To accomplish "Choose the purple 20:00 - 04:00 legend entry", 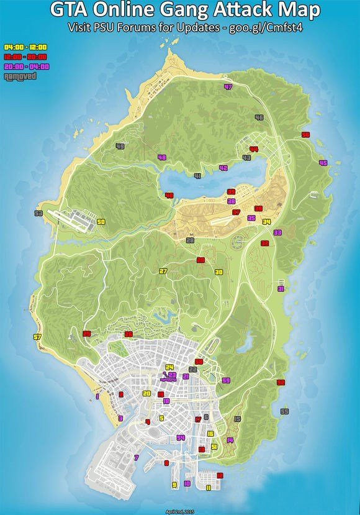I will click(27, 66).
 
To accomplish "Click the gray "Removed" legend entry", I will click(19, 76).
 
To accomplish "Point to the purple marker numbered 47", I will click(228, 87).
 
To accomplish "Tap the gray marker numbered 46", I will click(259, 117).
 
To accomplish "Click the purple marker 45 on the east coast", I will click(322, 163).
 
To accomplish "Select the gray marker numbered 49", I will click(120, 147).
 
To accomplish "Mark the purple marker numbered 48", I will click(162, 157).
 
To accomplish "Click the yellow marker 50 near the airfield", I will click(101, 222).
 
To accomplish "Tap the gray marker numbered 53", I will click(38, 213).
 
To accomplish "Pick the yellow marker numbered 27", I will click(163, 271).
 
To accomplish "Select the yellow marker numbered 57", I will click(37, 337).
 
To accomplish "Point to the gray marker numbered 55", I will click(284, 411).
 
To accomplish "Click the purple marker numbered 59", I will click(226, 380).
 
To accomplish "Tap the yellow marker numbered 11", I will click(209, 488).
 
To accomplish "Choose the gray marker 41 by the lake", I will click(197, 176).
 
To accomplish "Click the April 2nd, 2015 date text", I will click(180, 511).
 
